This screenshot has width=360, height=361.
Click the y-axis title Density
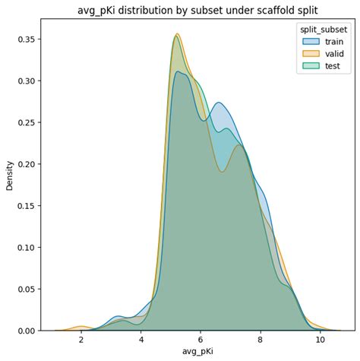pyautogui.click(x=10, y=174)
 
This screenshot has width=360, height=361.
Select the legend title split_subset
pyautogui.click(x=323, y=28)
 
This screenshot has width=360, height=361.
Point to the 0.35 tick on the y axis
pyautogui.click(x=26, y=39)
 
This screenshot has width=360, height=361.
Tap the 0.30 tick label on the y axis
pyautogui.click(x=26, y=81)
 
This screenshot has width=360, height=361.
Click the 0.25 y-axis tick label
pyautogui.click(x=26, y=122)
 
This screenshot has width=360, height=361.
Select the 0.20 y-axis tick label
pyautogui.click(x=26, y=164)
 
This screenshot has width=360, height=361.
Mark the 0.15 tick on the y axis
pyautogui.click(x=26, y=206)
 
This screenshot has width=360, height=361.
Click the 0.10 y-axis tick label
pyautogui.click(x=26, y=248)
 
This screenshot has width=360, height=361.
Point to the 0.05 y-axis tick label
pyautogui.click(x=26, y=290)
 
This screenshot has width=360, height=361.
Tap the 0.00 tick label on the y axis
pyautogui.click(x=26, y=331)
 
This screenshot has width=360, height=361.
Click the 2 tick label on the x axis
pyautogui.click(x=81, y=340)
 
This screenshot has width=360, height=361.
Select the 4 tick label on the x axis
pyautogui.click(x=141, y=340)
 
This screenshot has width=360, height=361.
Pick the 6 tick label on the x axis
pyautogui.click(x=201, y=340)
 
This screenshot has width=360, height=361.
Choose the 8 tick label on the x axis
pyautogui.click(x=261, y=340)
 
